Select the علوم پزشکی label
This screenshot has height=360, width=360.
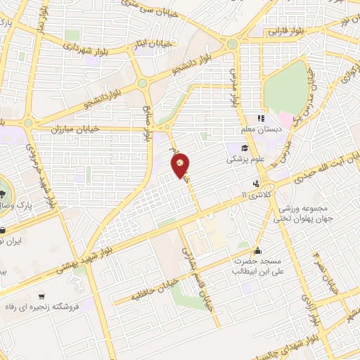click(243, 160)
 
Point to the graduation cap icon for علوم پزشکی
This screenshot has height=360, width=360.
click(244, 148)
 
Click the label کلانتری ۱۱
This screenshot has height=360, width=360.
click(252, 193)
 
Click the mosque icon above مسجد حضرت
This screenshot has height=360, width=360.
click(258, 250)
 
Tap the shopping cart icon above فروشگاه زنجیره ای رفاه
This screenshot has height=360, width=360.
click(44, 297)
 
